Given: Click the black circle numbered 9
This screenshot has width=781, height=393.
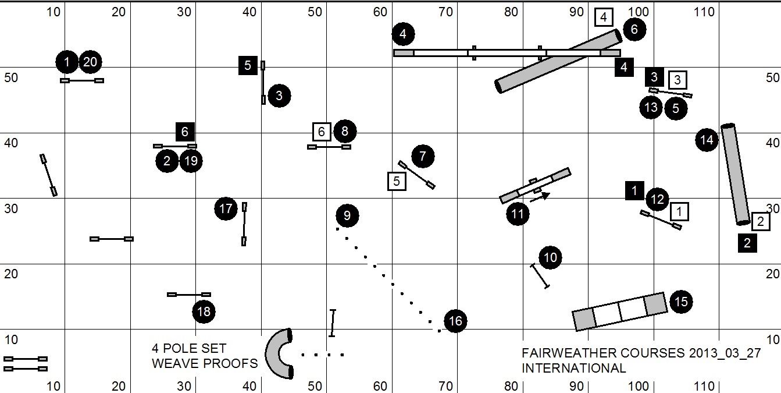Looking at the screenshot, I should coord(347,216).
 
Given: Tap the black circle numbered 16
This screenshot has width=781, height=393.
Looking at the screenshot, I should coord(455,321).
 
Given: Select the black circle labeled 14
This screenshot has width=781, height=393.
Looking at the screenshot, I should coord(707,140).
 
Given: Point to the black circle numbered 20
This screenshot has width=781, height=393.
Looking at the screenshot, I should coord(90,62).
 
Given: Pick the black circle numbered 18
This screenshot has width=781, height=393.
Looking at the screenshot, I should coord(204,311).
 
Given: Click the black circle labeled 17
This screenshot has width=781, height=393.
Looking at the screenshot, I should coord(226,208).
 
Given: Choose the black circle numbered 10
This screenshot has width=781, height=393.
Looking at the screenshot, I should coord(550,257).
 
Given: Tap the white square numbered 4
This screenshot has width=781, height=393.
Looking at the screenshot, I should coord(604,17).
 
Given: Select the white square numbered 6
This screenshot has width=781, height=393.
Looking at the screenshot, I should coord(322,132).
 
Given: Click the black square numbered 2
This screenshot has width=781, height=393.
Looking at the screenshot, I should coord(747,242).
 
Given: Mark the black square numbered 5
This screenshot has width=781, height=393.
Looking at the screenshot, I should coord(248,65).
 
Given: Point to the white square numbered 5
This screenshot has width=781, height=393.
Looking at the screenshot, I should coord(397,182).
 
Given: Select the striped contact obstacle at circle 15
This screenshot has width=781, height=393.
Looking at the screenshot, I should coord(619,311).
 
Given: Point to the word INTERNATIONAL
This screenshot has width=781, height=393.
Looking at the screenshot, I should coord(573,368).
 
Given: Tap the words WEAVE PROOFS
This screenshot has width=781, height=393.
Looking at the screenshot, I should coord(205,363).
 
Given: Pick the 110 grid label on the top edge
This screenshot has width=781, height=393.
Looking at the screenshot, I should coord(704,12).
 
